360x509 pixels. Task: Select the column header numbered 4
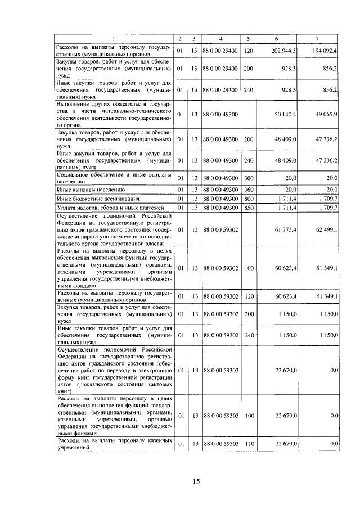[220, 38]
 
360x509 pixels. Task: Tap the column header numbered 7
[317, 38]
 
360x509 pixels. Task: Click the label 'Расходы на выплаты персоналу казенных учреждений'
[112, 444]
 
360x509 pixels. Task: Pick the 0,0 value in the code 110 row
[334, 444]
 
